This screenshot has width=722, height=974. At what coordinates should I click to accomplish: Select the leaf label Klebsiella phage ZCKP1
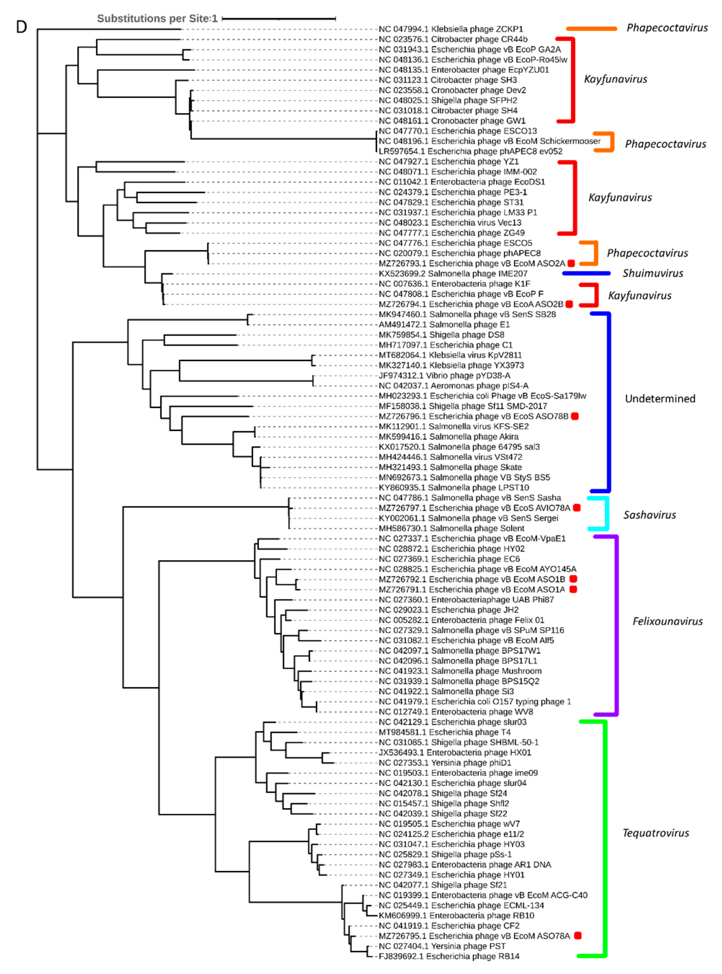[x=451, y=29]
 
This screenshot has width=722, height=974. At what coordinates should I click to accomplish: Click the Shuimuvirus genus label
[x=652, y=273]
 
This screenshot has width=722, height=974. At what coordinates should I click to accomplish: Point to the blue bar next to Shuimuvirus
[x=586, y=273]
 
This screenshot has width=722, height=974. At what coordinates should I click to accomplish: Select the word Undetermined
[x=660, y=398]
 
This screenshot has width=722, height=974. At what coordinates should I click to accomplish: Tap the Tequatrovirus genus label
[x=656, y=833]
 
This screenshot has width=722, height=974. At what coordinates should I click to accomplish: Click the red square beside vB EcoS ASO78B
[x=575, y=416]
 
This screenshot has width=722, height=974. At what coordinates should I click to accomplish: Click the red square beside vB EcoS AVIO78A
[x=576, y=508]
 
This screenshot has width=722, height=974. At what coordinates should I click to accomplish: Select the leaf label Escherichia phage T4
[x=445, y=732]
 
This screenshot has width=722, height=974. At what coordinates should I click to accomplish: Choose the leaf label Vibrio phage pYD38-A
[x=445, y=376]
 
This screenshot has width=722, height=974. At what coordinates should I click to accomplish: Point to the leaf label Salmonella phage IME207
[x=453, y=273]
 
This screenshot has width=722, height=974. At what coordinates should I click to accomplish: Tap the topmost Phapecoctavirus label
[x=667, y=27]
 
